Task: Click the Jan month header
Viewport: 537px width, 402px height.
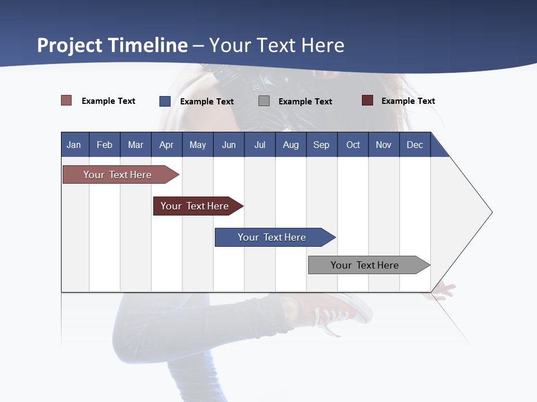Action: coord(74,145)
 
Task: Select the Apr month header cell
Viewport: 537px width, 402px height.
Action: coord(166,145)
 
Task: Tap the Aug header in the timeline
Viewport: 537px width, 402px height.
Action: coord(290,145)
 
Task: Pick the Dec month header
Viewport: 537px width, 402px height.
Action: coord(414,145)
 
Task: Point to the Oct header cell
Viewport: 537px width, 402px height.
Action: coord(353,145)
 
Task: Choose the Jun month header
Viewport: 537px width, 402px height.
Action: coord(229,145)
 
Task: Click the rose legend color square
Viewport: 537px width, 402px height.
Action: coord(67,100)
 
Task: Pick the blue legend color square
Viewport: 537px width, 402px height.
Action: coord(165,101)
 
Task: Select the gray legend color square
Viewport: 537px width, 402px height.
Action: coord(264,101)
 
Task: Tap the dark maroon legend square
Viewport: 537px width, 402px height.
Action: coord(368,100)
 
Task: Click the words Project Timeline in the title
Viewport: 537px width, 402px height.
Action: coord(112,45)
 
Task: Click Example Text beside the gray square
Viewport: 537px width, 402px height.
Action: coord(305,102)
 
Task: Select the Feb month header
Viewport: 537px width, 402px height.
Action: coord(105,145)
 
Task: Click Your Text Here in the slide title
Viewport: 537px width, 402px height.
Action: coord(276,45)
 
